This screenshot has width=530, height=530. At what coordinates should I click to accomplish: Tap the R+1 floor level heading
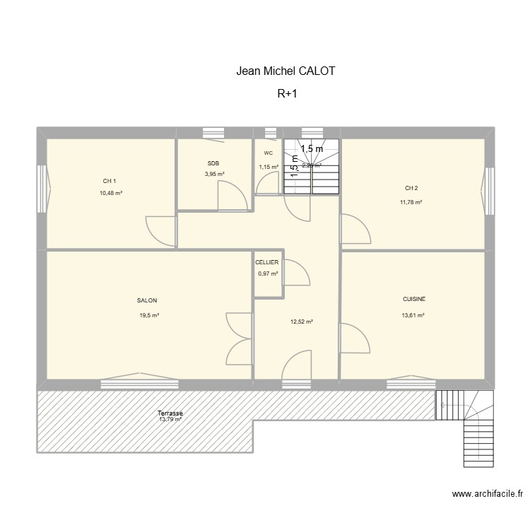[287, 93]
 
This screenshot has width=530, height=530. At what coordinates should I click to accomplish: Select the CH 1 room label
[110, 181]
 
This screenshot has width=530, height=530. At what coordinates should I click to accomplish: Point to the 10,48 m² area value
[111, 193]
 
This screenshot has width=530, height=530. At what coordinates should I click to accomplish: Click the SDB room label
[213, 163]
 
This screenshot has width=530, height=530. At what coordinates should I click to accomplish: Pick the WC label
[269, 153]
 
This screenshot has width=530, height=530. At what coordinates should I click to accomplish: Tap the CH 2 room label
[411, 188]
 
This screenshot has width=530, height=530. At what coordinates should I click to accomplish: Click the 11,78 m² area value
[411, 202]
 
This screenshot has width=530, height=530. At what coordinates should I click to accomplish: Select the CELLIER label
[267, 262]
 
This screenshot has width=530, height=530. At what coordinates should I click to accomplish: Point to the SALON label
[147, 300]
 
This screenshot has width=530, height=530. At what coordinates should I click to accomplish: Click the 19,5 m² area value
[149, 315]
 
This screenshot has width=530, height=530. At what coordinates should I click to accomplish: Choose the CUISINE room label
[414, 299]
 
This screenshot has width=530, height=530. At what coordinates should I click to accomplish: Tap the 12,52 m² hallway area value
[302, 322]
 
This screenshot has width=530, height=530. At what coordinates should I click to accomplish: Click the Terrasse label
[170, 413]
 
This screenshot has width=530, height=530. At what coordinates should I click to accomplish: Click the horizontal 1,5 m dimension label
[311, 148]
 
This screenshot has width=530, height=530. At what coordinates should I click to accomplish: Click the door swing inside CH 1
[160, 228]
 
